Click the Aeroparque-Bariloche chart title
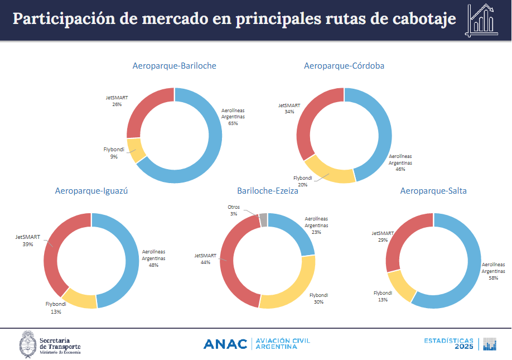pyautogui.click(x=174, y=66)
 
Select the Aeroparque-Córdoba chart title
pyautogui.click(x=344, y=66)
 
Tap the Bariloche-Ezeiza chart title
pyautogui.click(x=267, y=191)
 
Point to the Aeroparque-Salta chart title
pyautogui.click(x=433, y=191)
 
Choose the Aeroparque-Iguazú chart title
pyautogui.click(x=91, y=191)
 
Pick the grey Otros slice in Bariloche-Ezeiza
pyautogui.click(x=263, y=219)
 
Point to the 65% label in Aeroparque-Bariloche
pyautogui.click(x=233, y=123)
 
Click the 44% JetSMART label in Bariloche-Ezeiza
pyautogui.click(x=205, y=262)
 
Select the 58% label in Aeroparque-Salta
pyautogui.click(x=493, y=277)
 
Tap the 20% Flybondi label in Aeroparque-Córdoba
pyautogui.click(x=302, y=185)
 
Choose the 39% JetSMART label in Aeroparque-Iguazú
pyautogui.click(x=28, y=244)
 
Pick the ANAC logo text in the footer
pyautogui.click(x=225, y=344)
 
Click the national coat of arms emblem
pyautogui.click(x=28, y=343)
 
